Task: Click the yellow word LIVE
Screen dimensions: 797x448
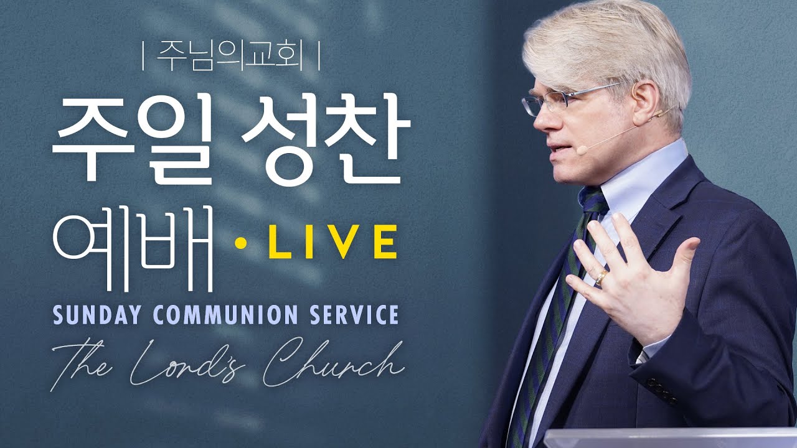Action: (332, 242)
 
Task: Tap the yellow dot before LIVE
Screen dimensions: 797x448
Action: (241, 243)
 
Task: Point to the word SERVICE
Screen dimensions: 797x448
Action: (354, 314)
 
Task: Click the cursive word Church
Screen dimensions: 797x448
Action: (332, 363)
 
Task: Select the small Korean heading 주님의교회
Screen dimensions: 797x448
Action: (230, 55)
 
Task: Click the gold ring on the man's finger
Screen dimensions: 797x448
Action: (602, 278)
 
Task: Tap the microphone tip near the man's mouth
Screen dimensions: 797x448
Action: (582, 151)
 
